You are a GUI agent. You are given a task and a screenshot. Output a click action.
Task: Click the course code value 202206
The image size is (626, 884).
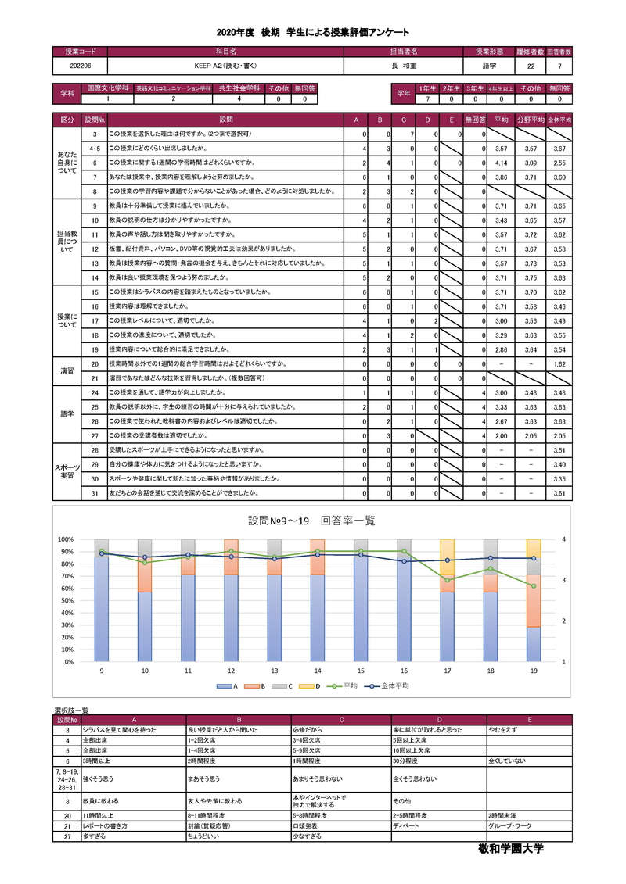[80, 66]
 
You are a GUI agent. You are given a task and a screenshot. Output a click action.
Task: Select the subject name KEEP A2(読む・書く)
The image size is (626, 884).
[225, 66]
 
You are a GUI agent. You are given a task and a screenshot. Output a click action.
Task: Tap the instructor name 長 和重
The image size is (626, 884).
[404, 66]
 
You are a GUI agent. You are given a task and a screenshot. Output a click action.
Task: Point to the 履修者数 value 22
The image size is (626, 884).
[531, 66]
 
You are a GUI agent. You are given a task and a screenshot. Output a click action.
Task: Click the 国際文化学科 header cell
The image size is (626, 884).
[108, 89]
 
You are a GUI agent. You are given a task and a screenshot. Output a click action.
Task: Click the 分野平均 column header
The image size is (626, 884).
[531, 120]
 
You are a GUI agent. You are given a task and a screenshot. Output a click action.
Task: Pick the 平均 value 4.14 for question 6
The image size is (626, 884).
[502, 163]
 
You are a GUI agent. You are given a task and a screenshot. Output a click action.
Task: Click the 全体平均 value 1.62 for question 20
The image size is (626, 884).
[558, 364]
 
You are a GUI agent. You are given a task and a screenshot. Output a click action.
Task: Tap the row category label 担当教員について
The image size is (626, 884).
[68, 242]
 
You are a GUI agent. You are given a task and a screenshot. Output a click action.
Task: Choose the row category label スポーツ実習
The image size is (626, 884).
[68, 471]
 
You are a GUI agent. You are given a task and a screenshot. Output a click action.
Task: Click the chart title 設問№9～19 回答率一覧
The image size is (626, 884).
[312, 521]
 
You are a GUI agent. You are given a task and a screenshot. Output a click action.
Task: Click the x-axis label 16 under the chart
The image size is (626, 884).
[404, 671]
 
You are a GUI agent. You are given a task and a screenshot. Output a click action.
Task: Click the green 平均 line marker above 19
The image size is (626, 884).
[534, 585]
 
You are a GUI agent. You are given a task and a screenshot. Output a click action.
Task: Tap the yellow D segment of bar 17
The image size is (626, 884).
[447, 557]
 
